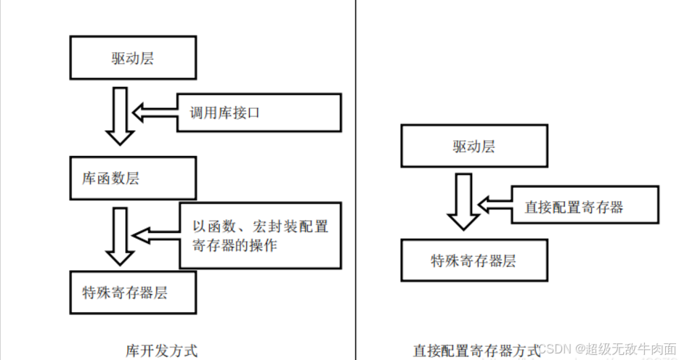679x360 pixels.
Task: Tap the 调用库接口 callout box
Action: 259,113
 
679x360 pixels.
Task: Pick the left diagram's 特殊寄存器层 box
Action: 132,293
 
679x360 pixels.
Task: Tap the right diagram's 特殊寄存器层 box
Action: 474,261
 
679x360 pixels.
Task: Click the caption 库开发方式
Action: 161,350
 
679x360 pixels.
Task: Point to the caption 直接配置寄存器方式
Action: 476,350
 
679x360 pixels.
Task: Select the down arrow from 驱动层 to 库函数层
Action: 119,116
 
